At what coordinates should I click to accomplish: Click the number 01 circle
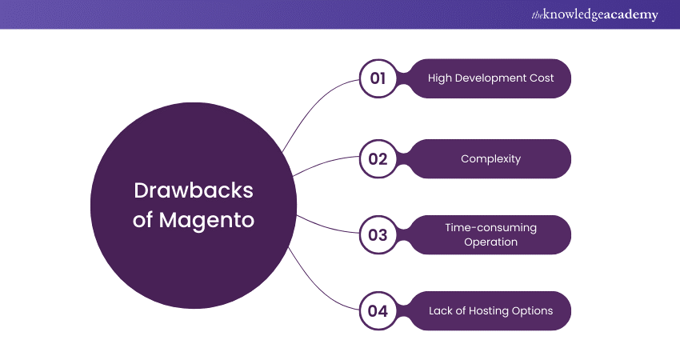pos(378,78)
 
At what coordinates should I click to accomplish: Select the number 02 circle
pos(378,158)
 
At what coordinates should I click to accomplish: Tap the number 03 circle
pos(378,234)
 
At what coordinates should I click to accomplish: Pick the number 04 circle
pos(378,311)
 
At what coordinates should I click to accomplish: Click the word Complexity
pos(490,158)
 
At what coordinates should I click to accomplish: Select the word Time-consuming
pos(490,227)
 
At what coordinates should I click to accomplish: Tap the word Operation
pos(490,242)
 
